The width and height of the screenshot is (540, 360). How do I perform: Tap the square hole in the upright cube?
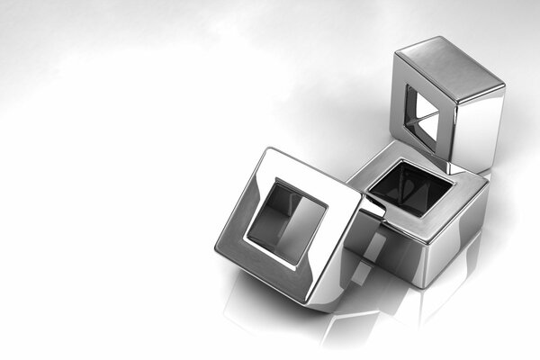(420, 118)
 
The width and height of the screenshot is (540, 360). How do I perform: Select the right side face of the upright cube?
(480, 130)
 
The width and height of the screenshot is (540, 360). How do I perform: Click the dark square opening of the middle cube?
(410, 188)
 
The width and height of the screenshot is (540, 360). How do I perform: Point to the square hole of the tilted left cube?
(286, 222)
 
